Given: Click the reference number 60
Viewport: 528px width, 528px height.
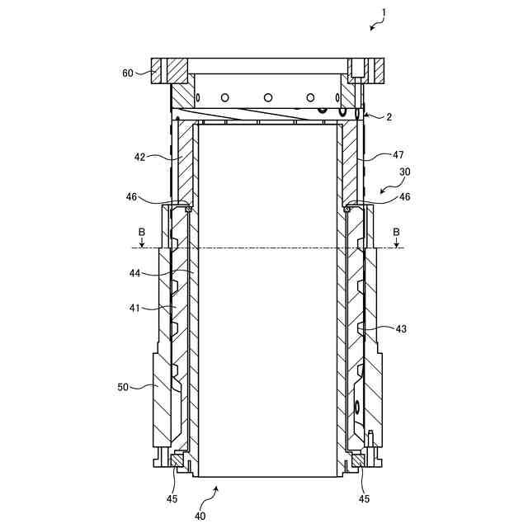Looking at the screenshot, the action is click(127, 73).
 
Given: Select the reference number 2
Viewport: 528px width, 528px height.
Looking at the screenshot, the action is click(389, 117).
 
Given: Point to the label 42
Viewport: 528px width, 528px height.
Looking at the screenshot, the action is click(139, 155).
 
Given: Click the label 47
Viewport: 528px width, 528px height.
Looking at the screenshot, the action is click(398, 154).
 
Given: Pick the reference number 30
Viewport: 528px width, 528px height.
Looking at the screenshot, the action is click(404, 172).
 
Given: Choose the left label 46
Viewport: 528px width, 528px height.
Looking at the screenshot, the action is click(132, 197).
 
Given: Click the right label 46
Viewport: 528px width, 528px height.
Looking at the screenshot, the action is click(404, 197).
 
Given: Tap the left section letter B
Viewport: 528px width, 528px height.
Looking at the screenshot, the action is click(142, 232).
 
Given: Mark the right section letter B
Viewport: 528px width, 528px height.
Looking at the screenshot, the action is click(396, 232).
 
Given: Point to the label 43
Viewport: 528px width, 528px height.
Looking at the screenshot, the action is click(401, 328).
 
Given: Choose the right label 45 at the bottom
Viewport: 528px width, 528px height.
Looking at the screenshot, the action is click(364, 497).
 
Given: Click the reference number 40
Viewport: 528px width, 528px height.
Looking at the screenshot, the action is click(200, 516).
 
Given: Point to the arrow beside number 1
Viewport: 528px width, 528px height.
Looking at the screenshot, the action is click(375, 26).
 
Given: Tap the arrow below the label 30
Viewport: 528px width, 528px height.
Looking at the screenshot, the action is click(386, 189).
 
